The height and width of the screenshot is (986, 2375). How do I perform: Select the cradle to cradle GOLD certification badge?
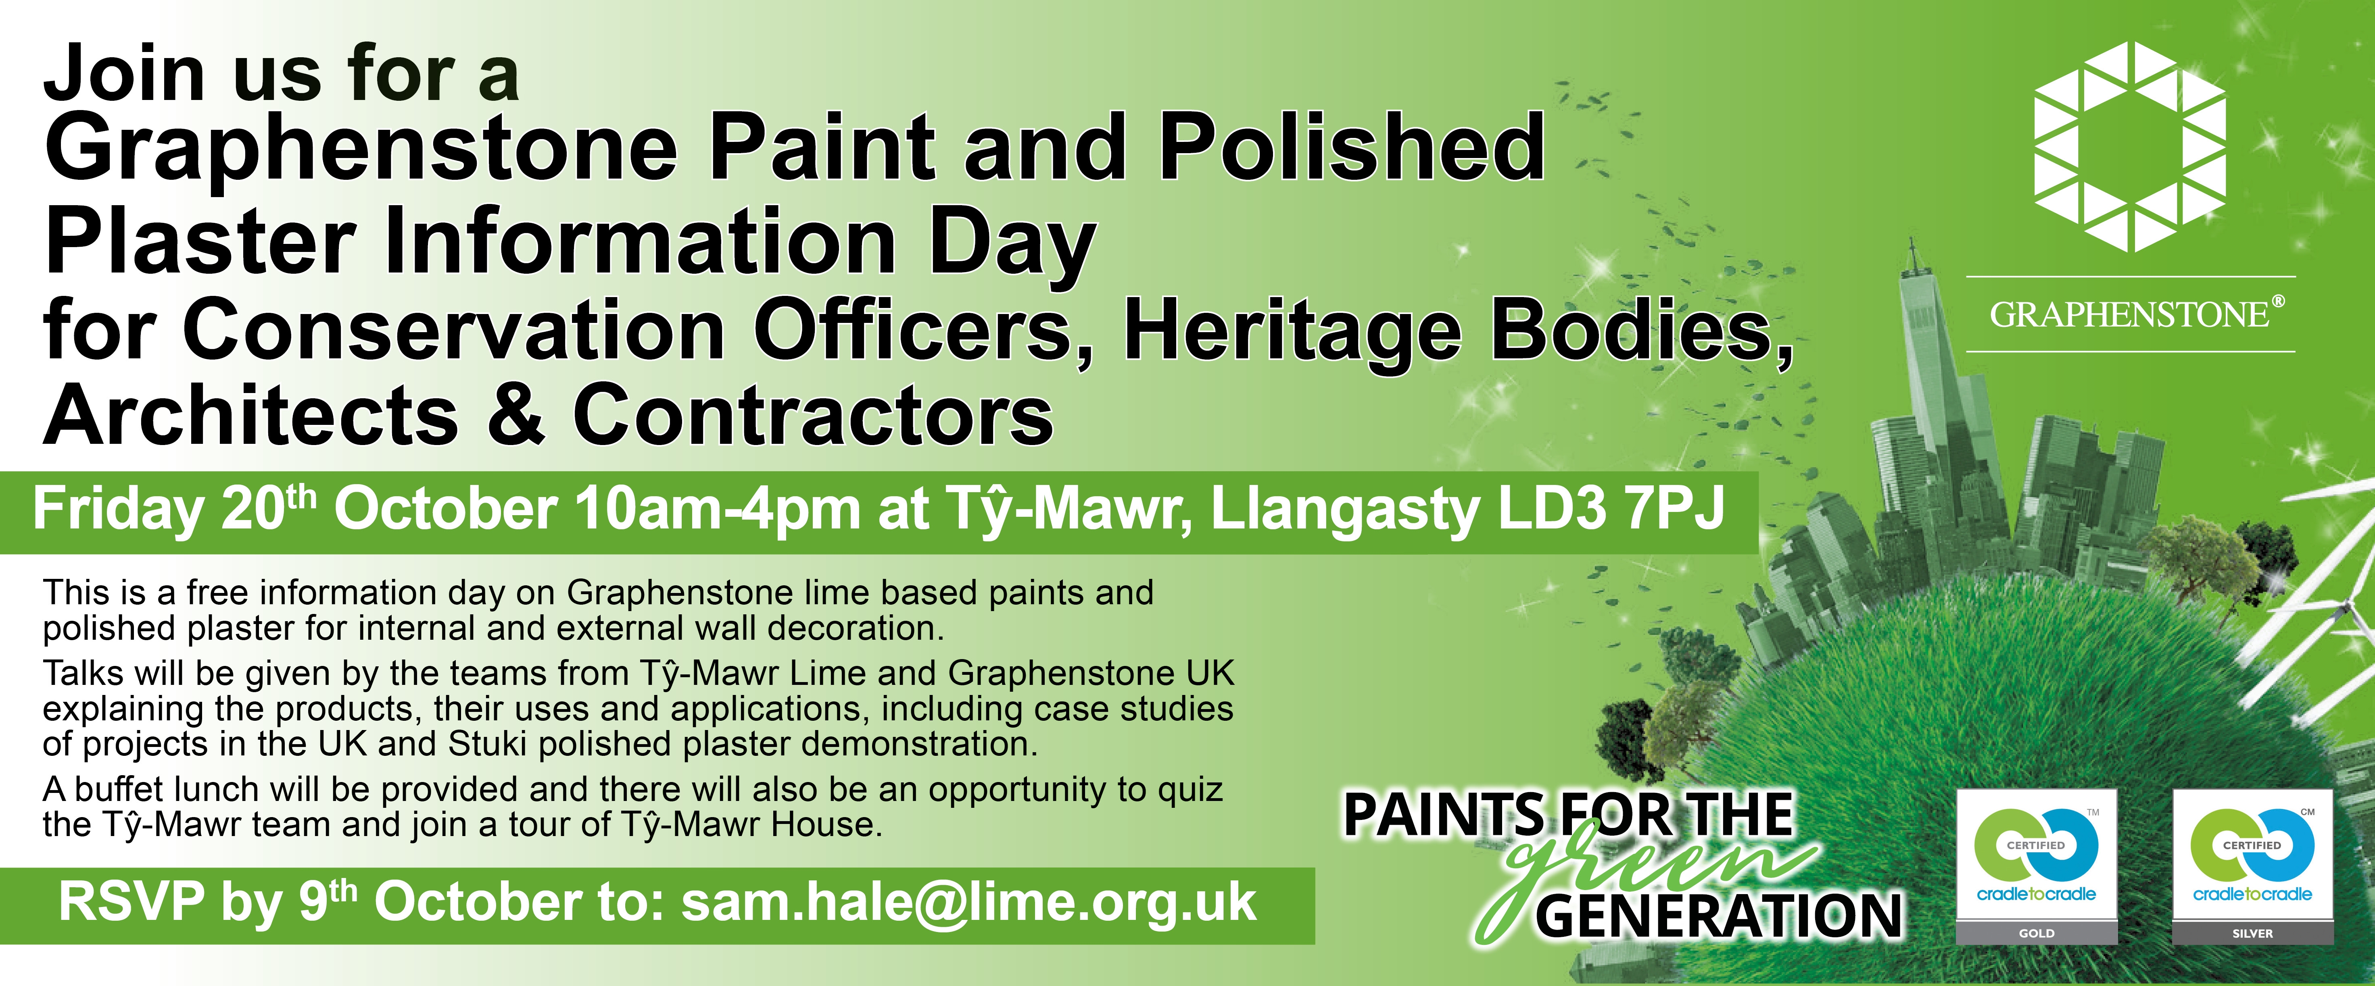[2037, 866]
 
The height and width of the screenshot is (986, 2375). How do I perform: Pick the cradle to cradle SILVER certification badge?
[2252, 866]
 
